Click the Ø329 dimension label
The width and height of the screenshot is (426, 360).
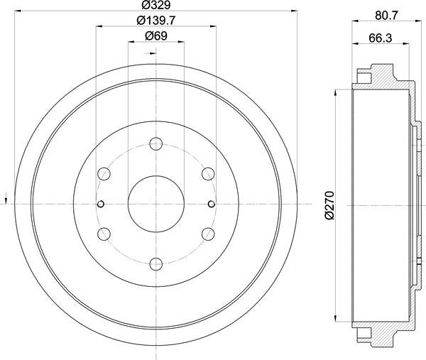(x=156, y=5)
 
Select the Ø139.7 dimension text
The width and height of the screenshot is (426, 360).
(x=156, y=21)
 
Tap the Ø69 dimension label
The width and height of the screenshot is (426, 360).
(x=156, y=36)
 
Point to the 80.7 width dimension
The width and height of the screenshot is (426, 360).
(x=386, y=15)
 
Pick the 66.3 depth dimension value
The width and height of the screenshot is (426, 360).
(x=381, y=38)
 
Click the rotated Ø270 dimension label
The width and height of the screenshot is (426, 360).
(x=329, y=205)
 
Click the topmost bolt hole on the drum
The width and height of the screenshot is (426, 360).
(x=156, y=143)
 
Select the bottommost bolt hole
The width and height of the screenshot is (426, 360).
(x=156, y=264)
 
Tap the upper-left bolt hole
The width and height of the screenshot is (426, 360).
(x=104, y=174)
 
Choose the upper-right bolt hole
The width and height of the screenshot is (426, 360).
(x=208, y=174)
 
